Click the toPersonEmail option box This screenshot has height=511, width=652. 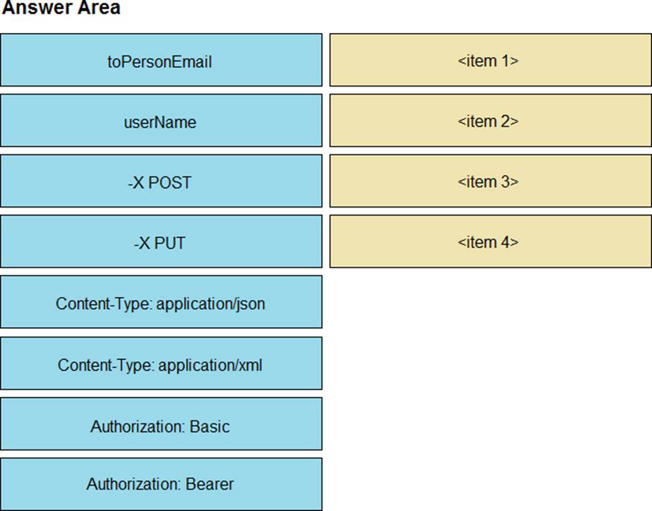coord(161,60)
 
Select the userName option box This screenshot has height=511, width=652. coord(161,121)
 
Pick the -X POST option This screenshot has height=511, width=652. coord(161,181)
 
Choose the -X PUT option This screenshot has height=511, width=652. coord(161,241)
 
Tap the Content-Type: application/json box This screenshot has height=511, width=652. coord(161,302)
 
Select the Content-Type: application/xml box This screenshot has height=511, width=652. coord(161,363)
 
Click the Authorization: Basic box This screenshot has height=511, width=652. coord(161,424)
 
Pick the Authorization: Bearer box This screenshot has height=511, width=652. coord(161,484)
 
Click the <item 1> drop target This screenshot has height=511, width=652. coord(491,60)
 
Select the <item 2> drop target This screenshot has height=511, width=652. coord(491,121)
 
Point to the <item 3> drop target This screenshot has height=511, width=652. coord(491,181)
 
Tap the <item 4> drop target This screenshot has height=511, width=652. coord(491,241)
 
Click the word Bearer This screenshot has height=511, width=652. coord(209,484)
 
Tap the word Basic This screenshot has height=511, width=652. coord(209,426)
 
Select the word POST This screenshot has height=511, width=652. coord(170,183)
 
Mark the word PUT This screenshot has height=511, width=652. coord(170,243)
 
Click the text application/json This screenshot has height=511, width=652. coord(210,304)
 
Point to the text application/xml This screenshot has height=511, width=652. coord(210,366)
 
